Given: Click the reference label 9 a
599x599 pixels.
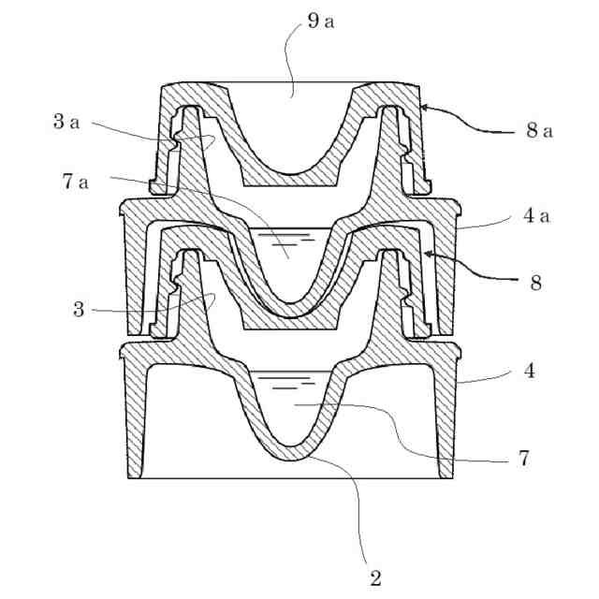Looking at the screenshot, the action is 321,21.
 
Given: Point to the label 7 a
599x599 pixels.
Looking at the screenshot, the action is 76,182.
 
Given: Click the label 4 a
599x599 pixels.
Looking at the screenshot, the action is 537,219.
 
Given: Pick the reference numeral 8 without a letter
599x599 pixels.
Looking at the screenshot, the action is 535,282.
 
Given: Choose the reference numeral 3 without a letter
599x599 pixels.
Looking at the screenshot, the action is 80,309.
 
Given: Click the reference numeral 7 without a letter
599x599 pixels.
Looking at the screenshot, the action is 524,459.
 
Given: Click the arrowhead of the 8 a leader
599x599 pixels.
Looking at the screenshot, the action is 424,108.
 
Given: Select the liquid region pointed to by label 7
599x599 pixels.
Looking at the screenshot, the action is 294,412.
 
